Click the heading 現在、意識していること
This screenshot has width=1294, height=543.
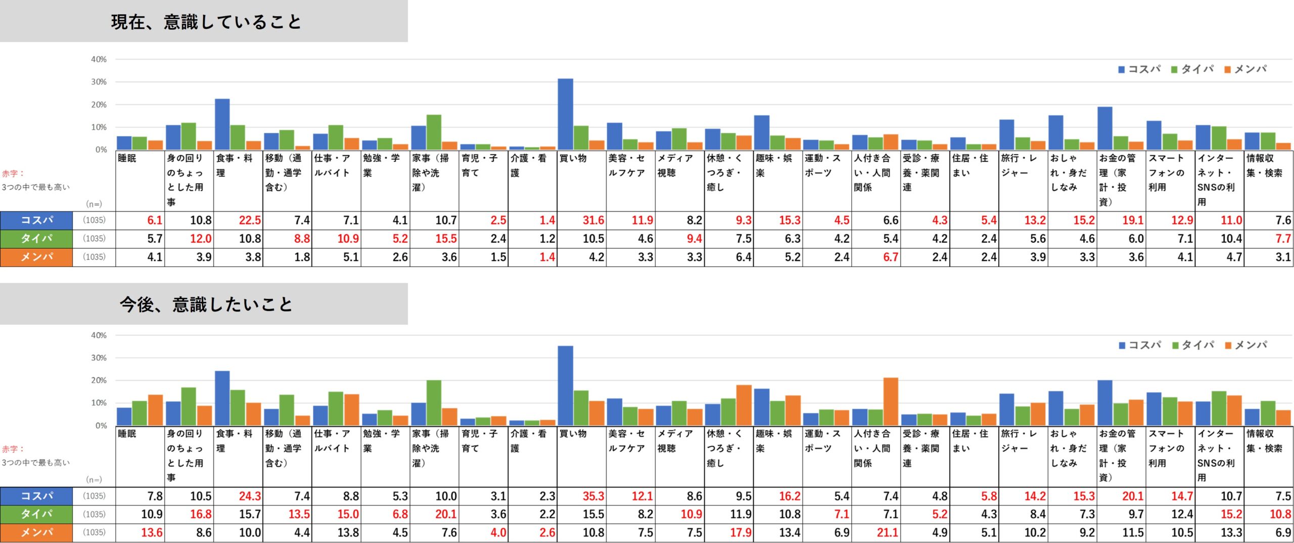pyautogui.click(x=206, y=22)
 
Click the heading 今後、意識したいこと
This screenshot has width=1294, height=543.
pyautogui.click(x=206, y=304)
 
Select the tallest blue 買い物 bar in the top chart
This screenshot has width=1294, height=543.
pyautogui.click(x=565, y=114)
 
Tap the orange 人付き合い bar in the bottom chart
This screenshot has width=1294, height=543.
pyautogui.click(x=890, y=401)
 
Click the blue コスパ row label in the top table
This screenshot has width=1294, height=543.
pyautogui.click(x=36, y=220)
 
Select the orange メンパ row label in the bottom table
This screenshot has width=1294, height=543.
pyautogui.click(x=36, y=532)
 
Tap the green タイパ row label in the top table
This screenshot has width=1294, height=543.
pyautogui.click(x=36, y=239)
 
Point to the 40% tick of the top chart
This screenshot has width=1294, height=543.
pyautogui.click(x=99, y=60)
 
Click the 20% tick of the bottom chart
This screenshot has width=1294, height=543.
pyautogui.click(x=99, y=380)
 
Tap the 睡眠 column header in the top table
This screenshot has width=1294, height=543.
pyautogui.click(x=127, y=158)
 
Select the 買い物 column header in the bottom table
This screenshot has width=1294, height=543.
pyautogui.click(x=573, y=434)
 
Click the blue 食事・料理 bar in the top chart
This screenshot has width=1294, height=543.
pyautogui.click(x=222, y=124)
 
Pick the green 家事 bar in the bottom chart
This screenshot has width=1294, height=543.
pyautogui.click(x=433, y=402)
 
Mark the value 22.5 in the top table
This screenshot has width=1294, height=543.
pyautogui.click(x=250, y=220)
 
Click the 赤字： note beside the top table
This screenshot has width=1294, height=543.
pyautogui.click(x=13, y=173)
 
